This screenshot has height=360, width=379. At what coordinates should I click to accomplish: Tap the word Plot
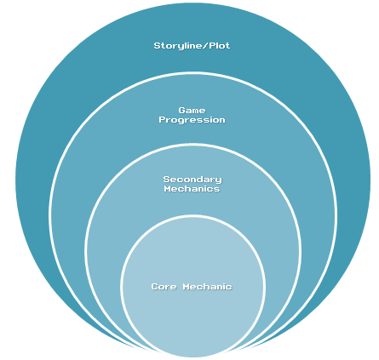(220, 45)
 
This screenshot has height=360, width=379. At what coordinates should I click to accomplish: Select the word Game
(192, 110)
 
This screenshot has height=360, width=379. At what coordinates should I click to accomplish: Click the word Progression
(192, 120)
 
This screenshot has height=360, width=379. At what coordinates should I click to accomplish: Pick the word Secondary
(192, 180)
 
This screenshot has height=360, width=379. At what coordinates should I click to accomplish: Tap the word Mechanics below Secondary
(192, 189)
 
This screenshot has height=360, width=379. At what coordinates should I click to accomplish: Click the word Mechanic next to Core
(208, 287)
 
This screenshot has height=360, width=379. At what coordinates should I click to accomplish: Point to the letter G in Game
(181, 110)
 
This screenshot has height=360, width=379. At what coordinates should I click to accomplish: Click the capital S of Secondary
(167, 180)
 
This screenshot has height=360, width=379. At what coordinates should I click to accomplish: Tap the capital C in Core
(155, 287)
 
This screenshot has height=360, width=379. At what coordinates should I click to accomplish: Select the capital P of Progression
(162, 119)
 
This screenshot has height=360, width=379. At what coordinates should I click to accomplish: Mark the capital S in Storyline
(158, 46)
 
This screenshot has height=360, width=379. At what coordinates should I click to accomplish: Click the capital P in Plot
(213, 46)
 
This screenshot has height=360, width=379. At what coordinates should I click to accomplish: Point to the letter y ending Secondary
(218, 180)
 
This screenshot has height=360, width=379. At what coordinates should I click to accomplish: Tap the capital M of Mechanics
(168, 189)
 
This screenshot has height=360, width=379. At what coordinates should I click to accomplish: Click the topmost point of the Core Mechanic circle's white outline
(192, 216)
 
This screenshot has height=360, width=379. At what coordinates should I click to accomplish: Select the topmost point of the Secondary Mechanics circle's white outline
(192, 145)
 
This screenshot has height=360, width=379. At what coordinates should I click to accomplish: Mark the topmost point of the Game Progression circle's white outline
(192, 73)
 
